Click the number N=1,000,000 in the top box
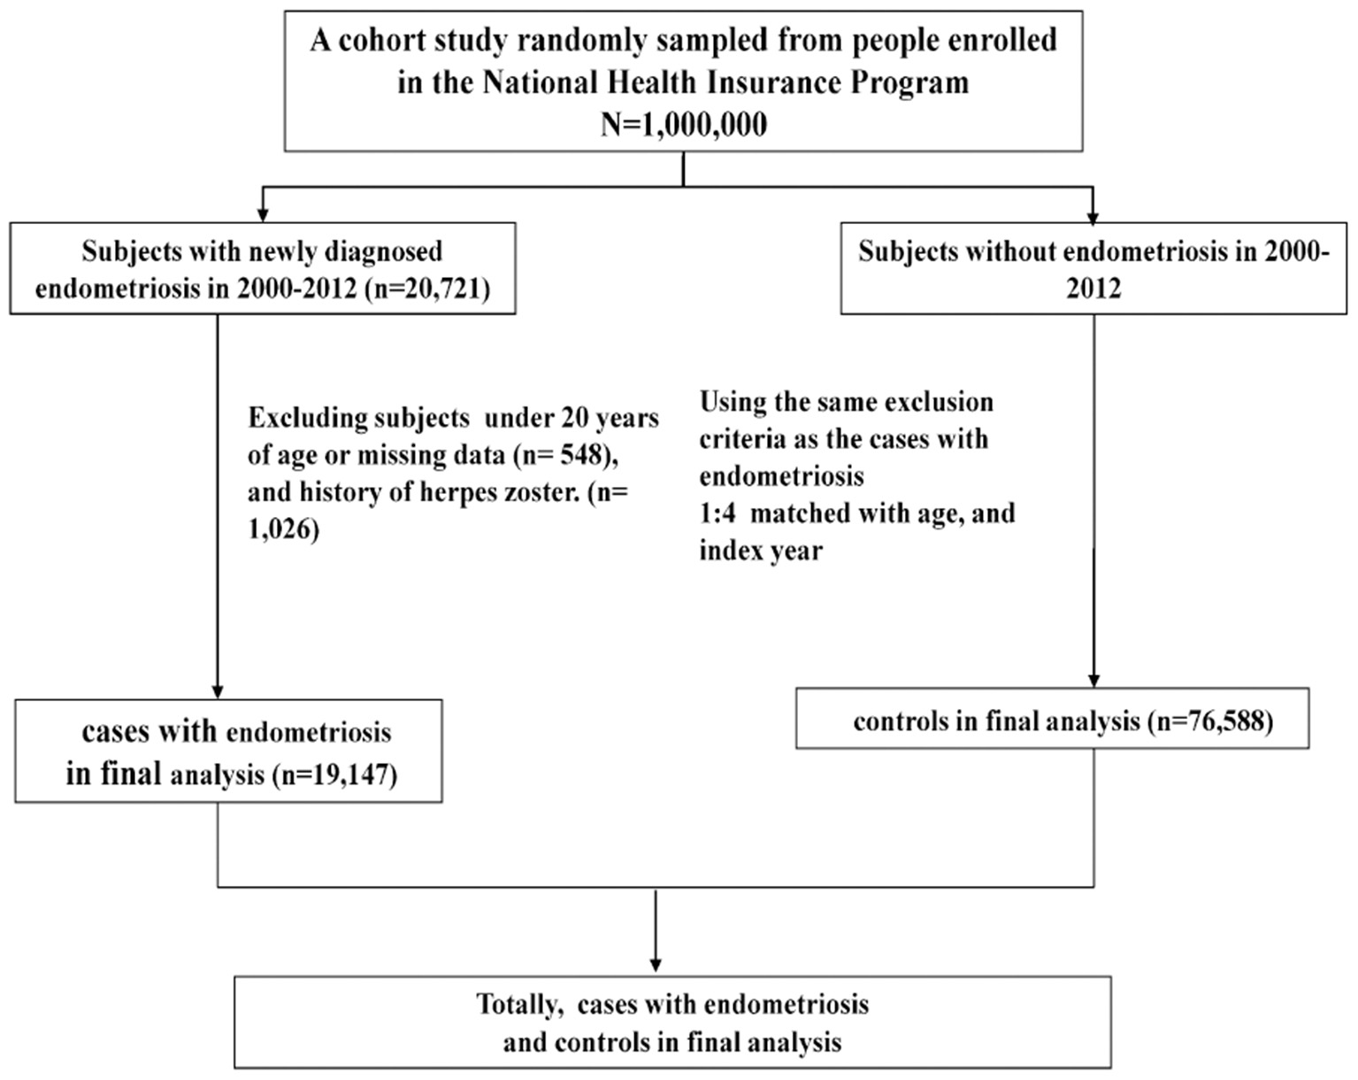683,124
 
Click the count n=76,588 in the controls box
1210,721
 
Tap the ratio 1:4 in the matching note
717,513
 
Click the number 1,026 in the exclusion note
282,530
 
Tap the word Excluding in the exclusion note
303,418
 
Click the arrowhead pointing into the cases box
218,690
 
